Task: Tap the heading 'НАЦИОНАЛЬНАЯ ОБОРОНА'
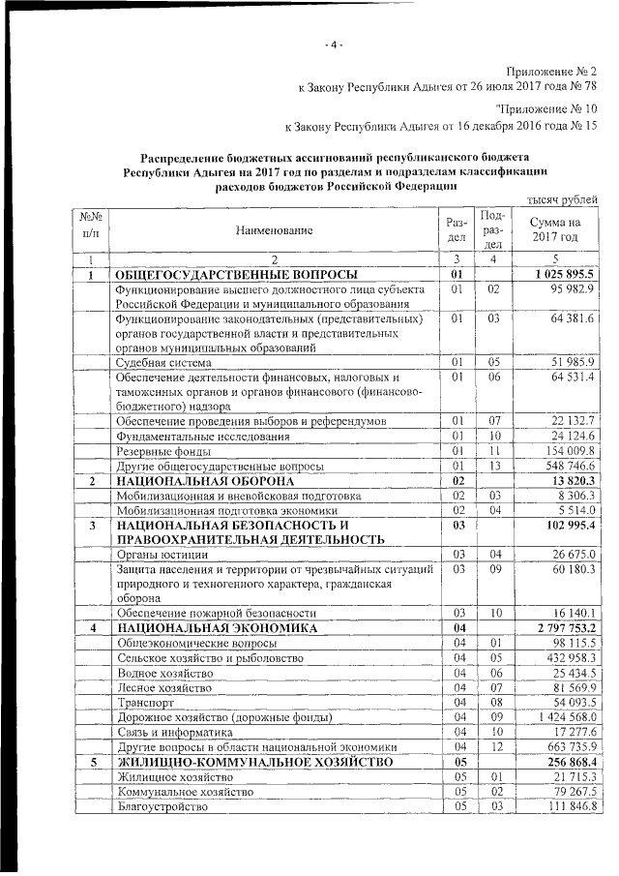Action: (x=205, y=480)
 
